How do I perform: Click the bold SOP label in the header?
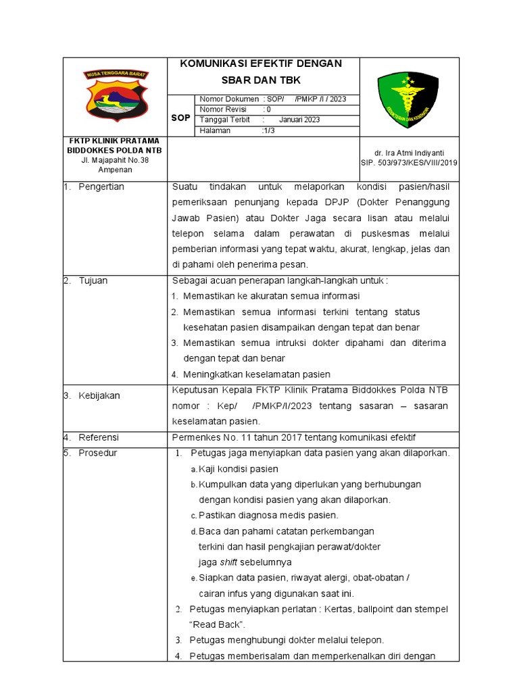[180, 118]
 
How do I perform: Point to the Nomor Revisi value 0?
[268, 109]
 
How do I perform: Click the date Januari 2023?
[299, 120]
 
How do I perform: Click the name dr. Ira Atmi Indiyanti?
[410, 153]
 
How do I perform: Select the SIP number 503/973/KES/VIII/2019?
[410, 163]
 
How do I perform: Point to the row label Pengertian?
[101, 187]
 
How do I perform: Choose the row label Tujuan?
[93, 280]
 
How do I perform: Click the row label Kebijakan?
[99, 395]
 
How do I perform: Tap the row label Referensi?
[99, 437]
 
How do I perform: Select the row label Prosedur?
[98, 453]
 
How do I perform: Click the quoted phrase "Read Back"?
[217, 624]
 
